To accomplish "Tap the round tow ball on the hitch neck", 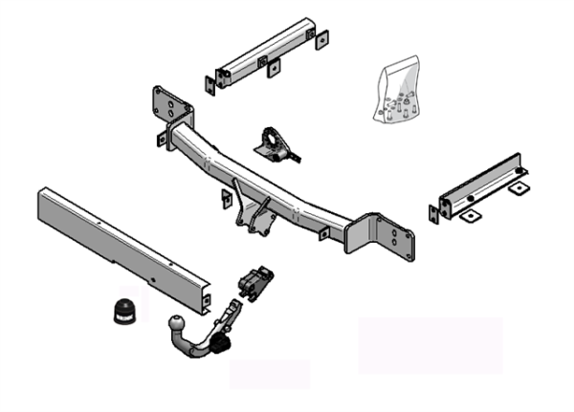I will (180, 324).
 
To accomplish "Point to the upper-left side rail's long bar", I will (263, 53).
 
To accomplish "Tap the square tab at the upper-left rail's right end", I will (322, 37).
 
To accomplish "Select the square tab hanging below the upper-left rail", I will (274, 69).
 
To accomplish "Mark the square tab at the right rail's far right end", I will (518, 188).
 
